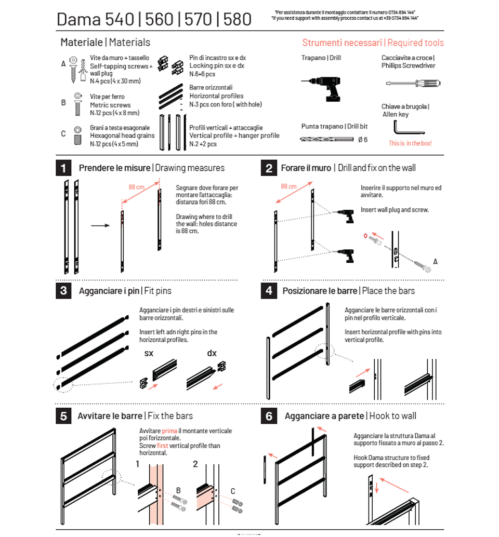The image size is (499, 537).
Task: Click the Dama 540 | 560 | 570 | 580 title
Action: pos(154,19)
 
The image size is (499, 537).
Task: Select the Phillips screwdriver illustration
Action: pos(413,83)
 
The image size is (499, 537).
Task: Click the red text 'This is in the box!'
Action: pos(410,143)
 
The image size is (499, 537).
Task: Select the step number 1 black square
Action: pos(63,168)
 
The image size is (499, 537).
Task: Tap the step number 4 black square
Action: pos(269,291)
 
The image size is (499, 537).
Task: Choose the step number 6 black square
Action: pos(269,416)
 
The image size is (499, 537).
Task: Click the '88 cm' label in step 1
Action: pos(136,187)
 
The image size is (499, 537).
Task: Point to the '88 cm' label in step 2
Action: pos(288,186)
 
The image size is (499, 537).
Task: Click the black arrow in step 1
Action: pos(101,225)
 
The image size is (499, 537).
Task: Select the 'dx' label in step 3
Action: pos(212,354)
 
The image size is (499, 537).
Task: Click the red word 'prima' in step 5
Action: pos(169,431)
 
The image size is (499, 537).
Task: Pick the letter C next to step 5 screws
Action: pos(232,491)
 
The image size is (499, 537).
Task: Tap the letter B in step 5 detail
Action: pos(178,490)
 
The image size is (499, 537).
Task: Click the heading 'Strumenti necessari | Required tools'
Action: pos(373,43)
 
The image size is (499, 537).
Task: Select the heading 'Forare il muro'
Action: pos(306,168)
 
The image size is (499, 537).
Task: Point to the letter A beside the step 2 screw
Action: pos(435,262)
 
